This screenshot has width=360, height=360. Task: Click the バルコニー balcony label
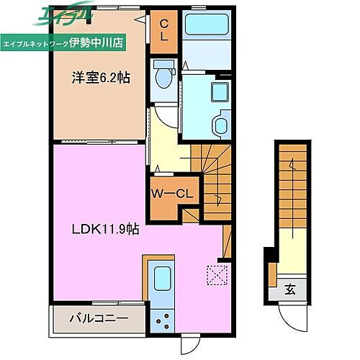99,318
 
